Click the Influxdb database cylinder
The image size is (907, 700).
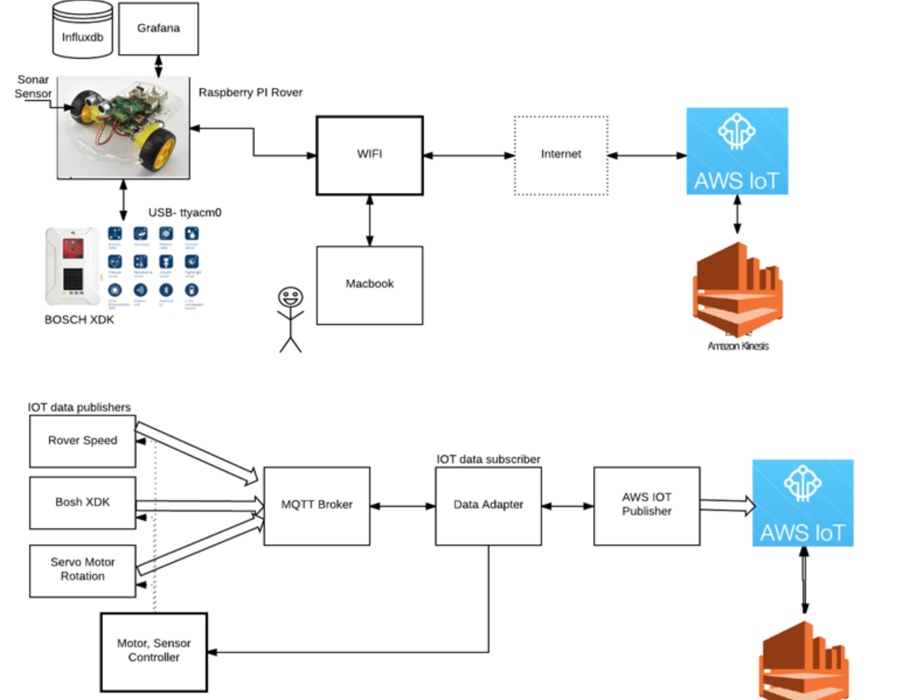tap(82, 31)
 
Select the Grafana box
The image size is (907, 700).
tap(159, 29)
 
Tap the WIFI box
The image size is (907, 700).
tap(370, 155)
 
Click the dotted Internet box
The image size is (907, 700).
tap(561, 155)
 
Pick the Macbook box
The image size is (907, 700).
tap(370, 285)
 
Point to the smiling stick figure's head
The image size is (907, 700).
tap(290, 297)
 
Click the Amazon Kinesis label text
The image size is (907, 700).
tap(738, 346)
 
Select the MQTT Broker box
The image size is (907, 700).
tap(317, 506)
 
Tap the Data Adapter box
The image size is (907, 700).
tap(488, 506)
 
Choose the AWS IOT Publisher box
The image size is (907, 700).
tap(647, 506)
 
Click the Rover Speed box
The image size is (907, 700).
tap(82, 441)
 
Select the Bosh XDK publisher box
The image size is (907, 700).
tap(82, 503)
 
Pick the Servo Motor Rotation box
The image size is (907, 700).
tap(82, 570)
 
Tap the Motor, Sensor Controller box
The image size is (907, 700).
tap(154, 652)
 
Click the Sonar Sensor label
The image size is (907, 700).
tap(33, 86)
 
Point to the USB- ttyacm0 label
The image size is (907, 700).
tap(185, 213)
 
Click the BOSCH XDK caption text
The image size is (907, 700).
tap(79, 320)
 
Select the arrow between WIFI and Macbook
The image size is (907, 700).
tap(370, 221)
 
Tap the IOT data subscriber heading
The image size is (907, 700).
tap(488, 460)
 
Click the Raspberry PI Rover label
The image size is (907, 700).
tap(250, 92)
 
